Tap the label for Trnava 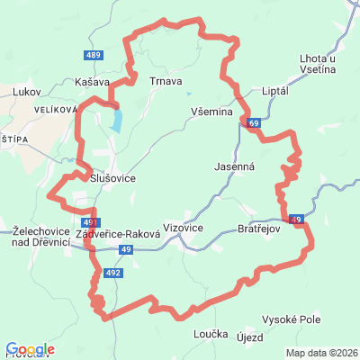pyautogui.click(x=166, y=82)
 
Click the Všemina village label pyautogui.click(x=211, y=112)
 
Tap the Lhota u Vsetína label pyautogui.click(x=319, y=64)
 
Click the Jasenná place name pyautogui.click(x=235, y=167)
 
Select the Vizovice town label pyautogui.click(x=184, y=229)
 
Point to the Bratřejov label pyautogui.click(x=259, y=229)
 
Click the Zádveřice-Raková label pyautogui.click(x=118, y=233)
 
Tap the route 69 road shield pyautogui.click(x=255, y=123)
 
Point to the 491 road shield pyautogui.click(x=88, y=220)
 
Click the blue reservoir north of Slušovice pyautogui.click(x=116, y=120)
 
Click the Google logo pyautogui.click(x=30, y=349)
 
